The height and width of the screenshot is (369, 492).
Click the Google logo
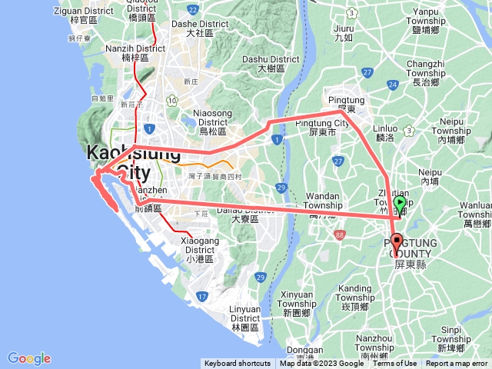(x=28, y=358)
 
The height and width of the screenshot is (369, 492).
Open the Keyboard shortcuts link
(x=238, y=364)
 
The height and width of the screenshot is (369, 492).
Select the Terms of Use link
(x=395, y=364)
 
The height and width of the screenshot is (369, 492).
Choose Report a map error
(x=457, y=364)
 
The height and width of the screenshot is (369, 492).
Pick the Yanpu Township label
(x=435, y=16)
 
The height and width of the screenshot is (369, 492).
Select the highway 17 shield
(x=201, y=295)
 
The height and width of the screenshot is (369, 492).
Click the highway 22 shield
(x=192, y=9)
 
